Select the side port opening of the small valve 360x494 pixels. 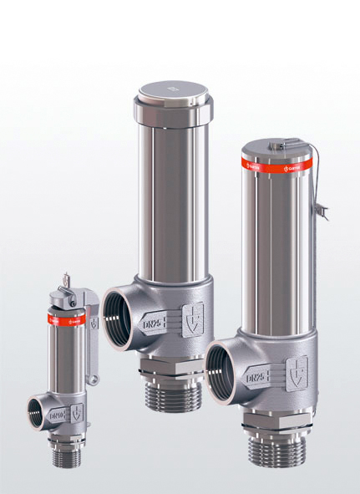pos(37,413)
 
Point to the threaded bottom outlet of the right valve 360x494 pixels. pos(273,450)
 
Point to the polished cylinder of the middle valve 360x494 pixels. pos(170,201)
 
